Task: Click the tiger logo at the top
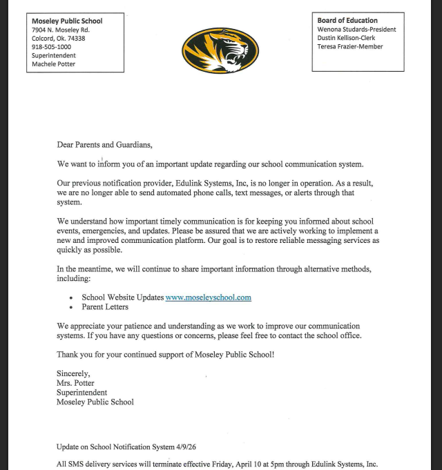tap(220, 50)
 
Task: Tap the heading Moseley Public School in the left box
tap(67, 21)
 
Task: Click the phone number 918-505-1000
tap(51, 47)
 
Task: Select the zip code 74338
tap(78, 39)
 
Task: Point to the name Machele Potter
tap(53, 64)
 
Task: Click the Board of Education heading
tap(347, 21)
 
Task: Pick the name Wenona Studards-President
tap(356, 30)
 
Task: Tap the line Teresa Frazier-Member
tap(350, 47)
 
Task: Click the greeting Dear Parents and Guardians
tap(104, 145)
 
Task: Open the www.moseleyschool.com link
tap(208, 297)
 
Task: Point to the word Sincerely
tap(73, 374)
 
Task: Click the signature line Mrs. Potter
tap(75, 383)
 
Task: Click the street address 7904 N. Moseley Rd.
tap(61, 30)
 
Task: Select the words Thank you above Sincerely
tap(73, 354)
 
